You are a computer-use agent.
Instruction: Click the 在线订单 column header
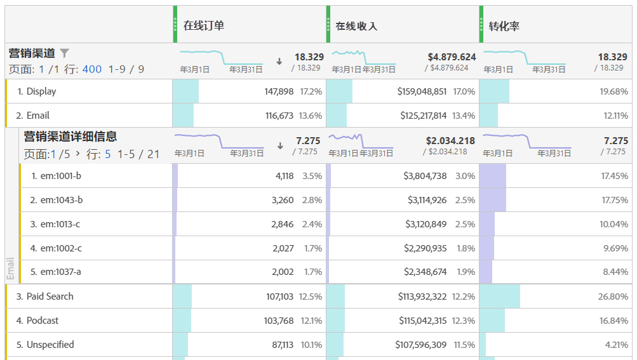(204, 25)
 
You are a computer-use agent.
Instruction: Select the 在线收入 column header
(356, 26)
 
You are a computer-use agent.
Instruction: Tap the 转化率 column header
(505, 26)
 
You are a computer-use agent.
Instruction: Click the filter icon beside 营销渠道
(64, 53)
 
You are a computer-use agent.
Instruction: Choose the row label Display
(41, 91)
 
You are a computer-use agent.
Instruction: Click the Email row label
(37, 116)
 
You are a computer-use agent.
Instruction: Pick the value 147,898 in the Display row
(279, 91)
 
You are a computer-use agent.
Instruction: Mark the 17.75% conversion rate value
(614, 200)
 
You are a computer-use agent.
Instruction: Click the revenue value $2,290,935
(425, 248)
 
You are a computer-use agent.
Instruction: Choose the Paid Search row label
(50, 297)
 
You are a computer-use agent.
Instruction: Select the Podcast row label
(43, 321)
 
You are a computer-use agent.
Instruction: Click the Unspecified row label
(50, 345)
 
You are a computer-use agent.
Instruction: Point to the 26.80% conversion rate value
(614, 297)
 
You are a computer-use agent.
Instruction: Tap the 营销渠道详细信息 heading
(70, 137)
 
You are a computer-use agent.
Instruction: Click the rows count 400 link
(92, 69)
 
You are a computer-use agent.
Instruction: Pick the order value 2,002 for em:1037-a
(283, 272)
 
